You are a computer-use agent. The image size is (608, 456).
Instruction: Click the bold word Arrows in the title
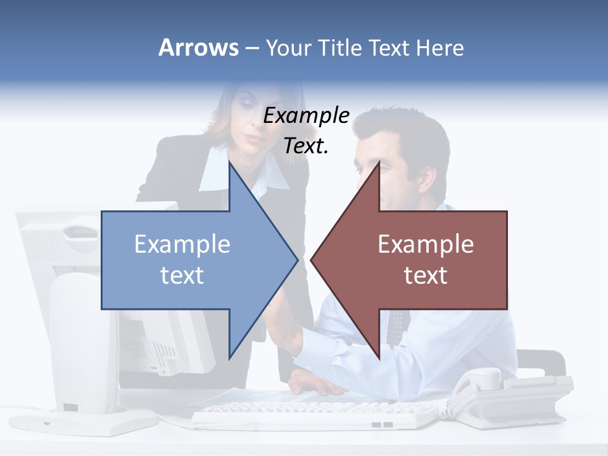click(x=198, y=47)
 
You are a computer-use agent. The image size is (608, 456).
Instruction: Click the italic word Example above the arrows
click(x=307, y=115)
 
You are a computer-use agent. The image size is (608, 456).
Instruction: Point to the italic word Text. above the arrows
click(x=306, y=146)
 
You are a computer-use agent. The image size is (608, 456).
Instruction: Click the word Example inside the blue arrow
click(x=182, y=244)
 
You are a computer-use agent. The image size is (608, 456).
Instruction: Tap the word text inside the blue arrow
click(x=182, y=275)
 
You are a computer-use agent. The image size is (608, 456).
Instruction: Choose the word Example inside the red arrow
click(x=426, y=244)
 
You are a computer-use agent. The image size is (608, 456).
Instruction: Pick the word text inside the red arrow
click(x=426, y=275)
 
